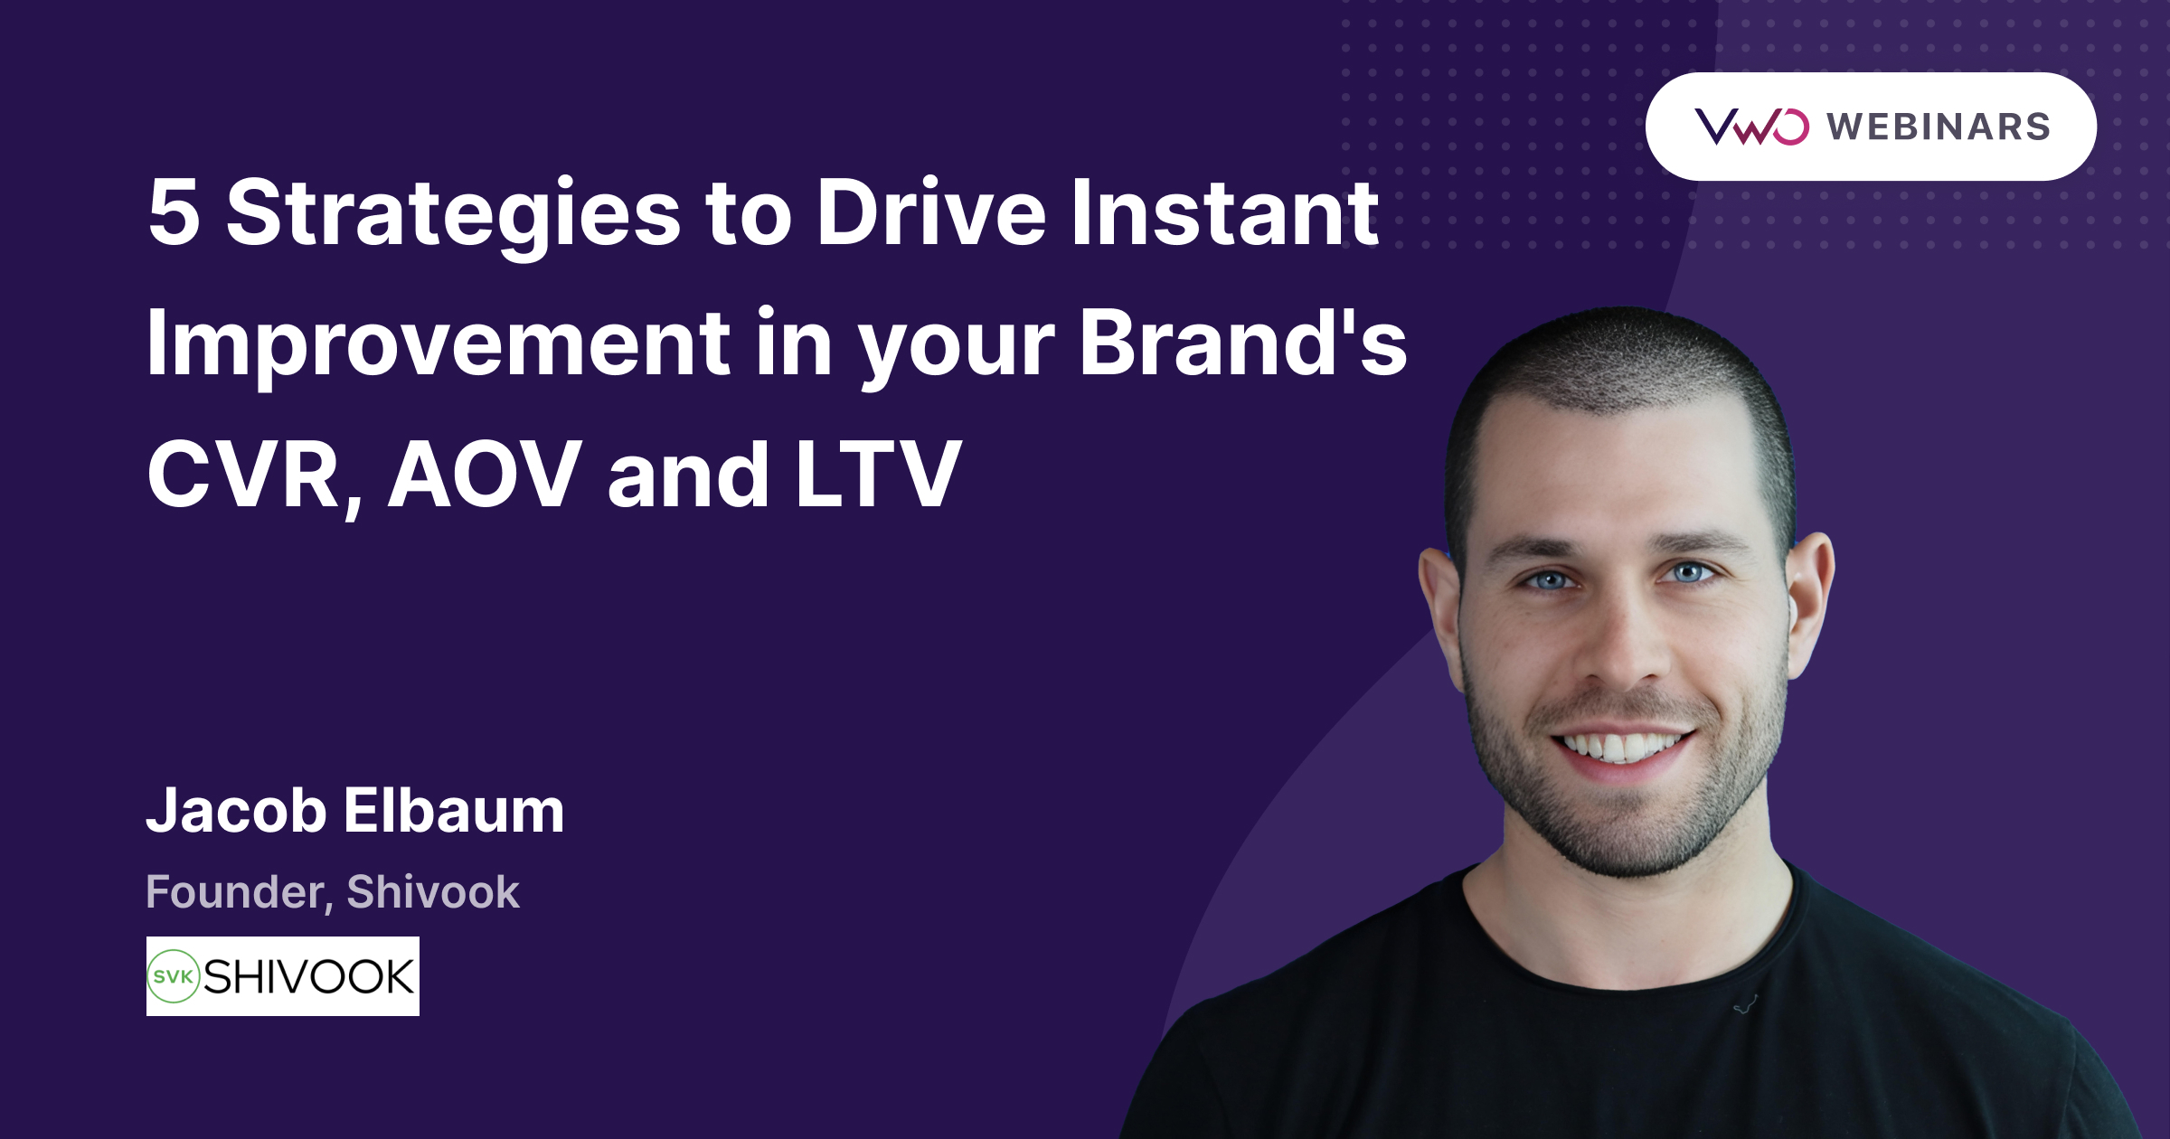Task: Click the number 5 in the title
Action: coord(174,213)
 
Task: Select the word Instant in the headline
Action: coord(1224,213)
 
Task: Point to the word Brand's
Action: coord(1243,344)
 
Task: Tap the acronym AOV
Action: coord(485,475)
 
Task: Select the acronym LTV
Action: coord(877,475)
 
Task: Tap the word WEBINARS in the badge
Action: coord(1939,127)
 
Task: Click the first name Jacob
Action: coord(236,810)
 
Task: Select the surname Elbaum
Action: coord(454,810)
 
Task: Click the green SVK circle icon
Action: coord(173,976)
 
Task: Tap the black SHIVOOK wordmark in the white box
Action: coord(308,976)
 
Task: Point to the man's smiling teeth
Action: coord(1623,747)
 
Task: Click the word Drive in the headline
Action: coord(931,213)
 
